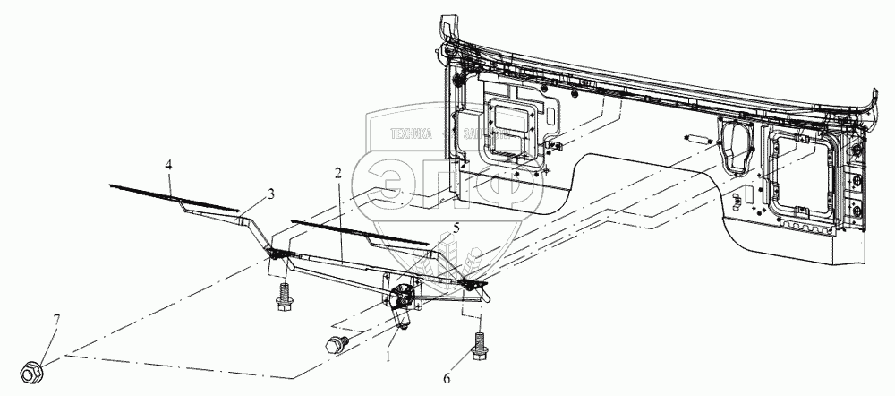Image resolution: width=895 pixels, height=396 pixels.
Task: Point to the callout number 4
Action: [x=167, y=165]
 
